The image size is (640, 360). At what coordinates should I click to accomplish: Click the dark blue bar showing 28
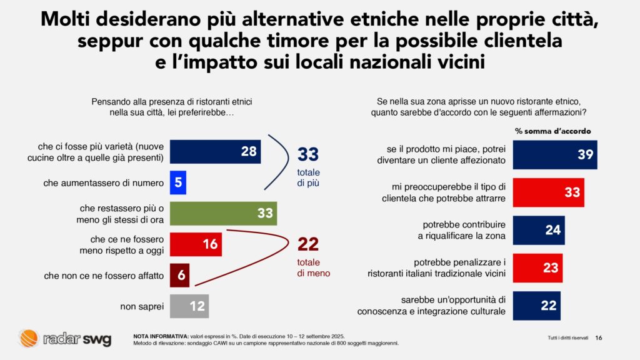click(215, 152)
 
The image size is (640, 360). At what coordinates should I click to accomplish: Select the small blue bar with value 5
click(178, 182)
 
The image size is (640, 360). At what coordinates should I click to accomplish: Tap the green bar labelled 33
click(223, 213)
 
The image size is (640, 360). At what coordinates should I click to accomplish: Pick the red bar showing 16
click(196, 244)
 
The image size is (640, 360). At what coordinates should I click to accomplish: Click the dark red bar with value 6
click(179, 276)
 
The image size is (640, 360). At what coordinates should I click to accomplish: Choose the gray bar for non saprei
click(189, 306)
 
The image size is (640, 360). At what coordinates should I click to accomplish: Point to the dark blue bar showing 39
click(555, 155)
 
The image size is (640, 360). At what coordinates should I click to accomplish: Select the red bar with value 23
click(538, 268)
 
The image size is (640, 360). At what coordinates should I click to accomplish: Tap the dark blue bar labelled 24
click(539, 230)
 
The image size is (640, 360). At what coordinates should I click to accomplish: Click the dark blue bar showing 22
click(537, 306)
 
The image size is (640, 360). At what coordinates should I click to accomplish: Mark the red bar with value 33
click(549, 192)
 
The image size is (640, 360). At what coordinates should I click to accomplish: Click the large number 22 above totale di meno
click(307, 244)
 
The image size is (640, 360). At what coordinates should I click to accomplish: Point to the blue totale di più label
click(308, 177)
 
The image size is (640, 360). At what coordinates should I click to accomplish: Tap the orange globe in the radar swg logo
click(29, 338)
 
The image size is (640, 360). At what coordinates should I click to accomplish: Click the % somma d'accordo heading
click(552, 131)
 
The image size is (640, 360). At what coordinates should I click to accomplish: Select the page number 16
click(598, 338)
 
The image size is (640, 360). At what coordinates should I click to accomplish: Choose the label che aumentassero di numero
click(104, 183)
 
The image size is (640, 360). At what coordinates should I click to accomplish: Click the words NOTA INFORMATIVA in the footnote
click(161, 336)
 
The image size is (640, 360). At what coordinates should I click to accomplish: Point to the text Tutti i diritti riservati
click(567, 338)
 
